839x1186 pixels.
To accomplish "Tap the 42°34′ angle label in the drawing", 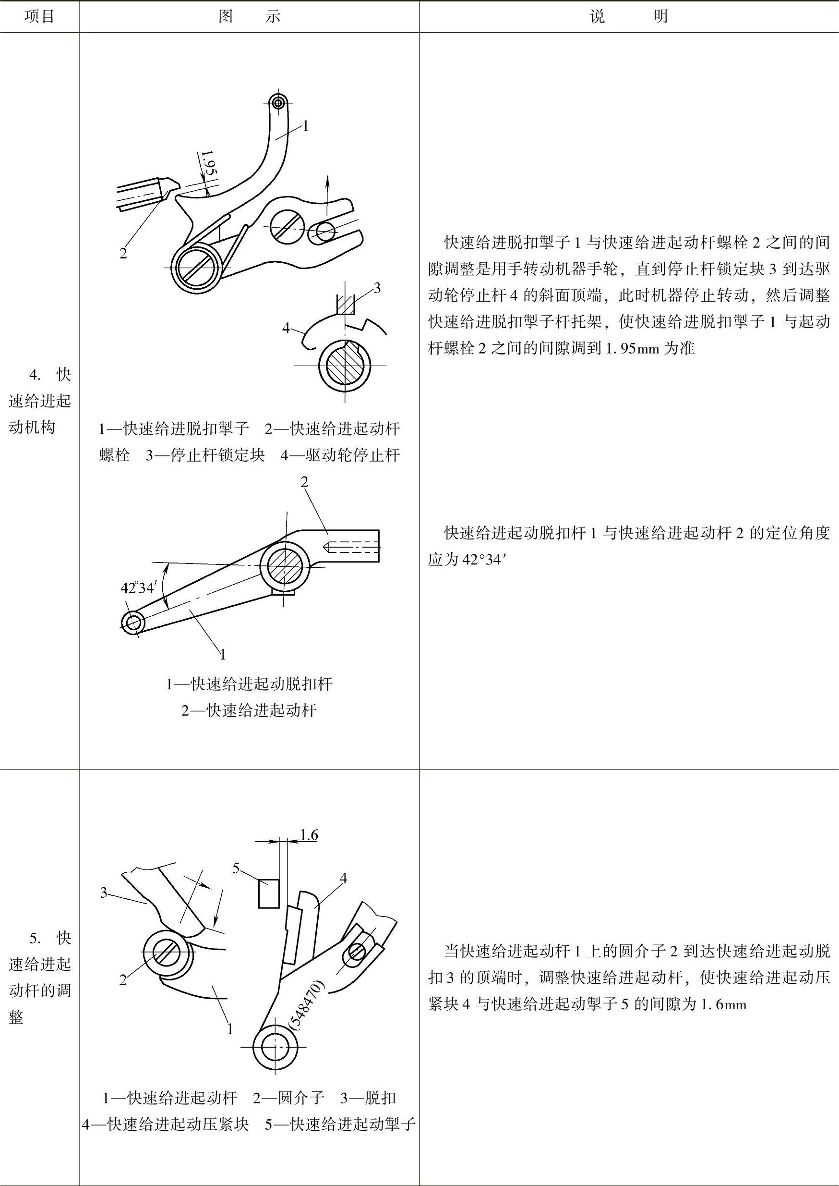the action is coord(138,588).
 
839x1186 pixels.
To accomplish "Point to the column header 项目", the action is coord(39,16).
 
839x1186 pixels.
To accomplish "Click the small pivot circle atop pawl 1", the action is coord(278,102).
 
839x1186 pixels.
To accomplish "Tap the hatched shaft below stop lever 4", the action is coord(344,366).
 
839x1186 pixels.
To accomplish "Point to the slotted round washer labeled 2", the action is coord(161,953).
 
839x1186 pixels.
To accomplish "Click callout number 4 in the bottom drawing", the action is coord(343,877).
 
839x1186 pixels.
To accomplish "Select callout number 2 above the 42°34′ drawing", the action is coord(304,482).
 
